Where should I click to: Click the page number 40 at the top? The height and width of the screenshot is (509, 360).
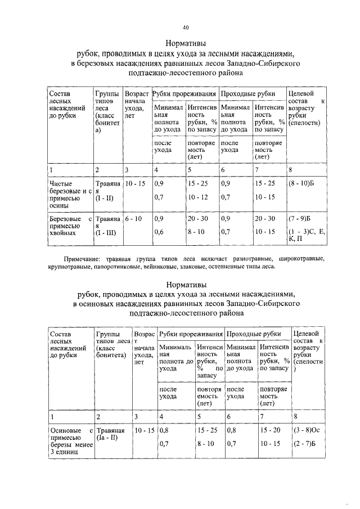tap(186, 27)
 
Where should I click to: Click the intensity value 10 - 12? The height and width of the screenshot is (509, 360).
tap(197, 197)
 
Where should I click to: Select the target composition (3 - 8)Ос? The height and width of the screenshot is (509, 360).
tap(306, 430)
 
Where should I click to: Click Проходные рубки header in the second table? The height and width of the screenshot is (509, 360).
tap(256, 334)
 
